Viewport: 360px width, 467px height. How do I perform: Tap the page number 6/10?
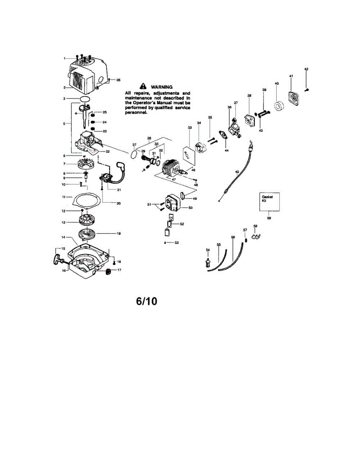(x=147, y=302)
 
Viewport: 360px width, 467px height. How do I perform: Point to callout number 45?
(x=237, y=171)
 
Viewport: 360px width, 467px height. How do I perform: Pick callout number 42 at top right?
(x=306, y=69)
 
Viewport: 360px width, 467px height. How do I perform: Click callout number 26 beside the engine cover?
(x=118, y=80)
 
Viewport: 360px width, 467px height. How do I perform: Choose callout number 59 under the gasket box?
(x=269, y=218)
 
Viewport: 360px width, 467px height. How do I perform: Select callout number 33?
(x=190, y=127)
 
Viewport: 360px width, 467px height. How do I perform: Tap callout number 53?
(x=176, y=242)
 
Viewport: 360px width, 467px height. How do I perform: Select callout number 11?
(x=64, y=197)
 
